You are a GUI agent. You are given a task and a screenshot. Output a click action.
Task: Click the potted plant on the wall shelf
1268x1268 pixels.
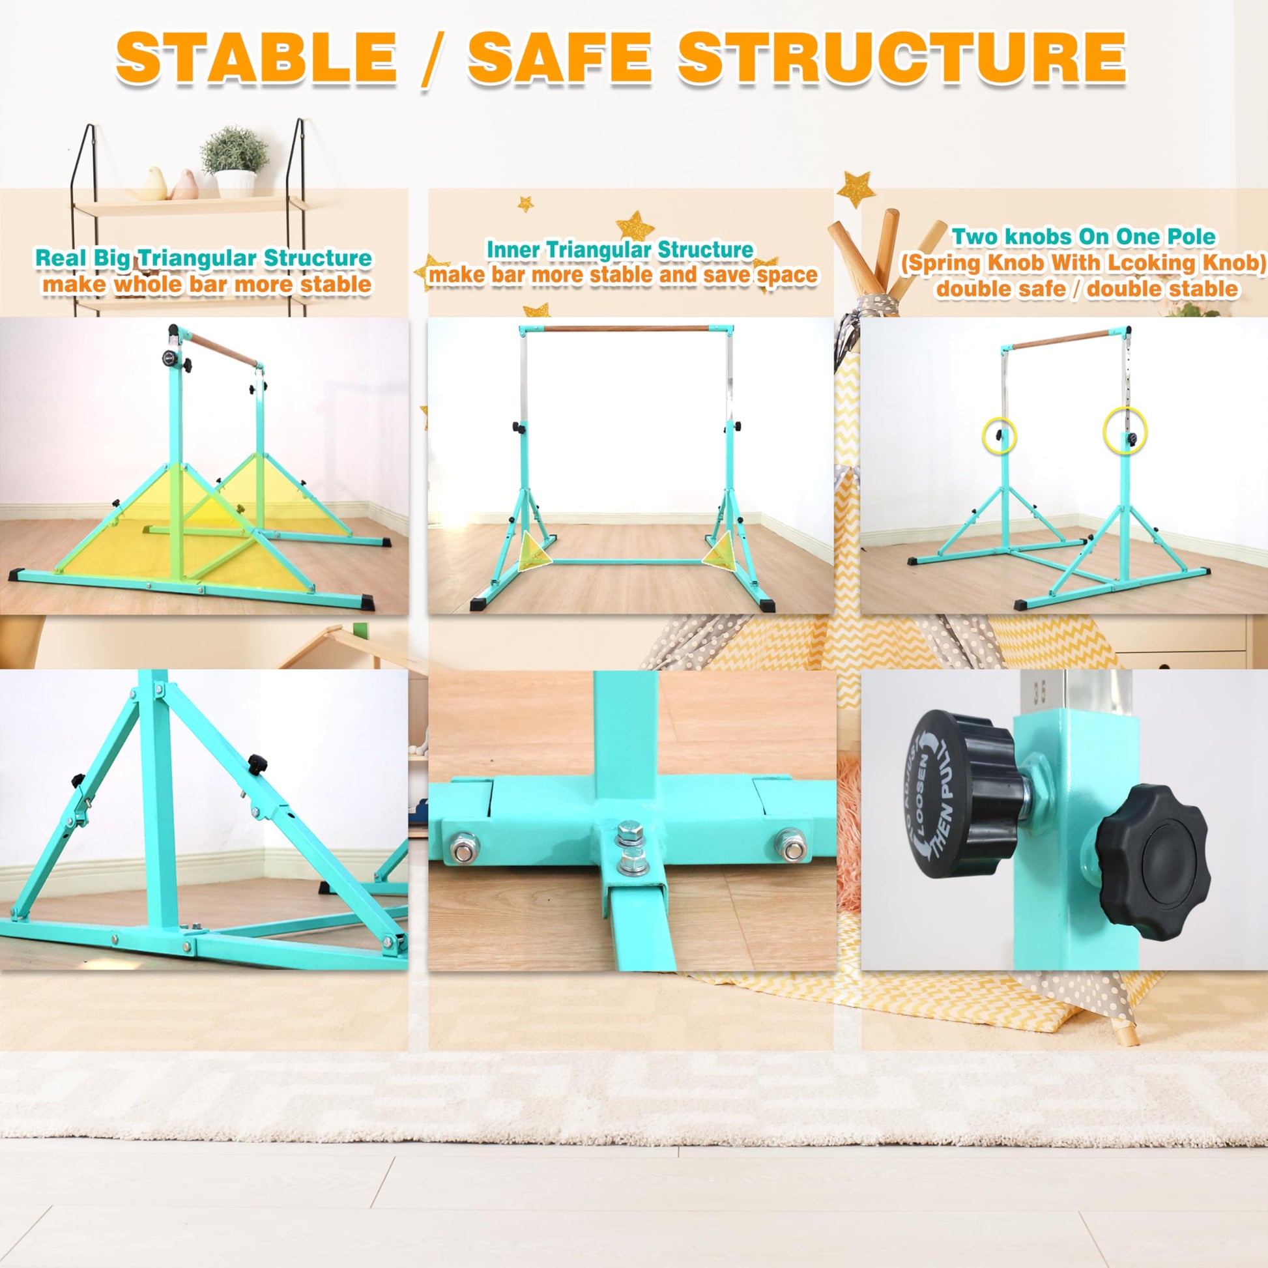point(235,162)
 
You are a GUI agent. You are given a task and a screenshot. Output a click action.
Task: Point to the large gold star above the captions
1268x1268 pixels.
point(857,188)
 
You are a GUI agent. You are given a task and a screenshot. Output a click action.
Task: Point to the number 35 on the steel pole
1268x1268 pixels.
point(1039,693)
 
